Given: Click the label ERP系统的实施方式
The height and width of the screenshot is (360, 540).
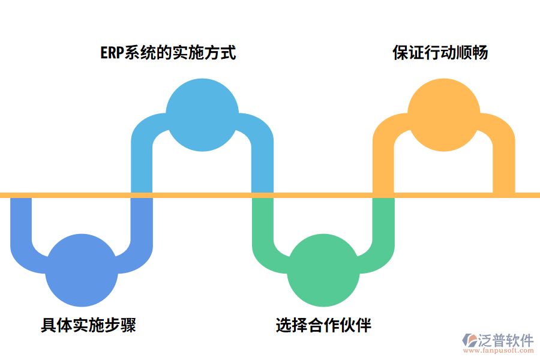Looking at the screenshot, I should (167, 53).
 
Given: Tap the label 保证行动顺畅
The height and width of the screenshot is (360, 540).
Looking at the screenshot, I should (440, 53).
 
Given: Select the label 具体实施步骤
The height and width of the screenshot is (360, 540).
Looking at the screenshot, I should (88, 325).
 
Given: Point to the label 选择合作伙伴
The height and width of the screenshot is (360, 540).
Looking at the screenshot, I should (323, 325).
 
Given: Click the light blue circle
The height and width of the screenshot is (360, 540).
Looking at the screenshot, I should (202, 114).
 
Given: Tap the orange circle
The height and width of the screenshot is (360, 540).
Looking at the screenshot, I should (443, 114).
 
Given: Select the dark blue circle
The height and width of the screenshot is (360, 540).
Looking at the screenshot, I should (82, 271).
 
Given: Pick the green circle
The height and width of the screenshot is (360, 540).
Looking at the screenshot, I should (323, 271).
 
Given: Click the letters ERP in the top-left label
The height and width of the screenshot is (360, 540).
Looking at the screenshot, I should (111, 53).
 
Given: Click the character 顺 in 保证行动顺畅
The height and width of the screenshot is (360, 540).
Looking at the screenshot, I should (464, 53).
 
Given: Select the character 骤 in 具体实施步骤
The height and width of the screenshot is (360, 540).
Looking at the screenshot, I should (128, 325).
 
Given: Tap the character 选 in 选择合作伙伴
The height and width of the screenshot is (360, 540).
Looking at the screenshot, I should (284, 325).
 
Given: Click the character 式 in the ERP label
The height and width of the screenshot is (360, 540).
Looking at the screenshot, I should (228, 53).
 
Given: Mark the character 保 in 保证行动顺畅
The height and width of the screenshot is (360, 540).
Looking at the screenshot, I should (401, 53).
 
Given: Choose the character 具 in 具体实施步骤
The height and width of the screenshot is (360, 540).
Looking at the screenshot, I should (49, 325).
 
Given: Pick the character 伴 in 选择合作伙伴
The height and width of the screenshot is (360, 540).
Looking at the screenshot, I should (364, 325).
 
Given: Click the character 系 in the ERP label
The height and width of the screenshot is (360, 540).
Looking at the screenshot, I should (131, 53).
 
